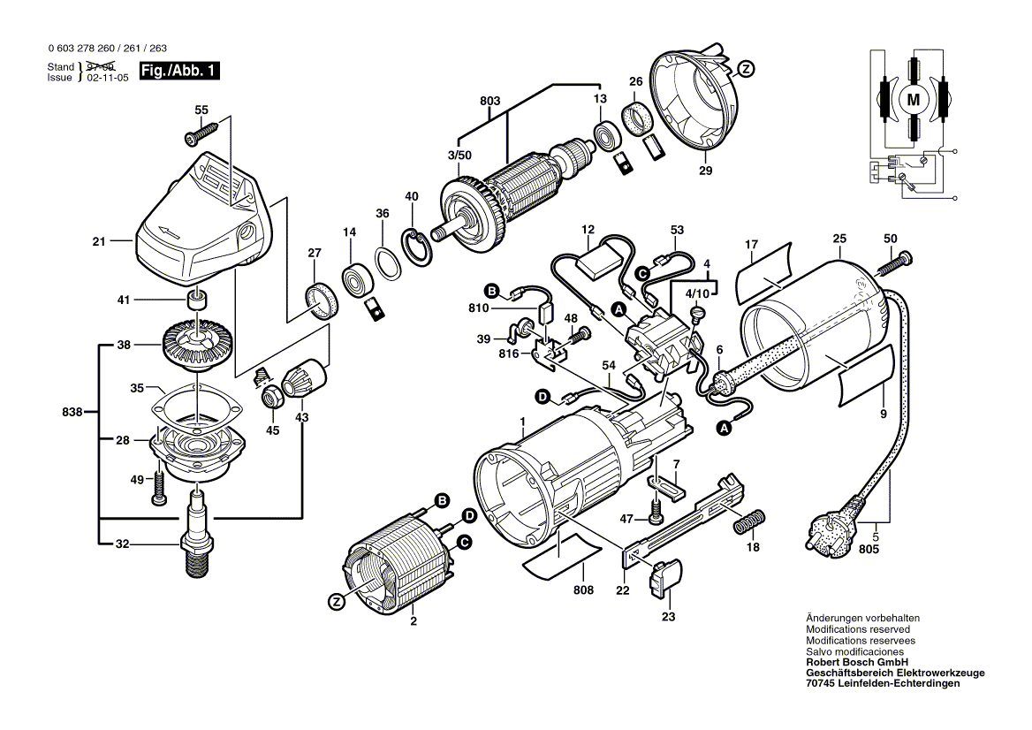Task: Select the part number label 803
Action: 489,102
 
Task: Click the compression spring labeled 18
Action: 747,522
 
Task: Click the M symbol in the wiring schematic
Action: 913,99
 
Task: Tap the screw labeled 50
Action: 896,262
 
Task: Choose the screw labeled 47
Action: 656,511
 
